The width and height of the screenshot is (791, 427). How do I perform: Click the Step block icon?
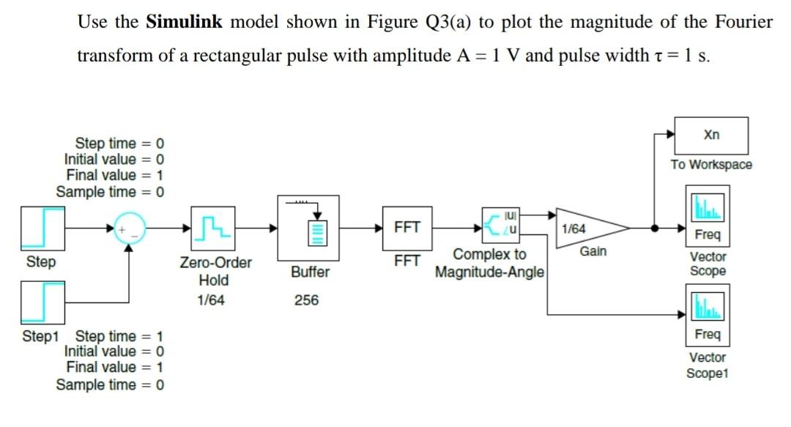[x=44, y=228]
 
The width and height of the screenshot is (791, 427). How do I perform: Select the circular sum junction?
[x=130, y=228]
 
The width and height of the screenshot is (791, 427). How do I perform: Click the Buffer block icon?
[x=308, y=228]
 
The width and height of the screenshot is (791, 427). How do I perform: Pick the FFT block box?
[x=406, y=228]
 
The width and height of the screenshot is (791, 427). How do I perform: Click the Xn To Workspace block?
[x=711, y=135]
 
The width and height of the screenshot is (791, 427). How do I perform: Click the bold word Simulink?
[x=185, y=21]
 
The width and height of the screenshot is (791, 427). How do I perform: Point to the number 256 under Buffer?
[x=306, y=300]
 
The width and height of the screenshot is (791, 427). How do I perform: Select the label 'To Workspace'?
[x=711, y=164]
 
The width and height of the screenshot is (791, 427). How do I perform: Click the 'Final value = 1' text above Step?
[x=114, y=175]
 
